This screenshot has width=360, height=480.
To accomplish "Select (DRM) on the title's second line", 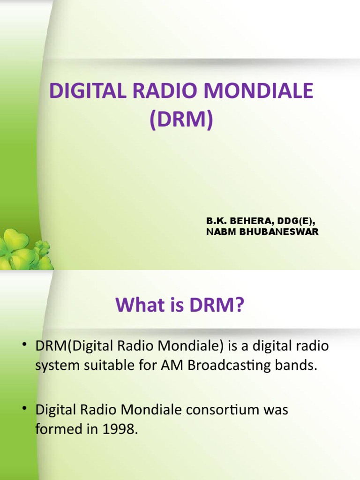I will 181,120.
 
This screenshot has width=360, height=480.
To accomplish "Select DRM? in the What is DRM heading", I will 219,307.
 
